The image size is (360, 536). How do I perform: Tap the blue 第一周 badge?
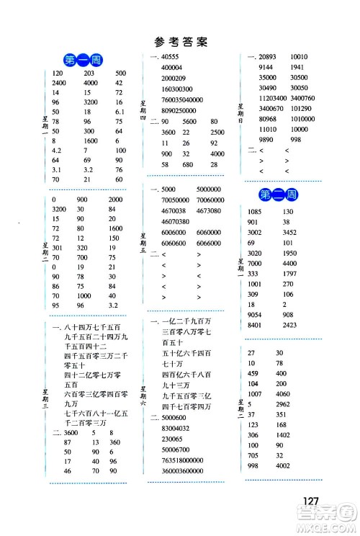coord(82,60)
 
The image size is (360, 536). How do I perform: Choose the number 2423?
coord(301,324)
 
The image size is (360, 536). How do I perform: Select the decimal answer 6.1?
coord(120,112)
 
